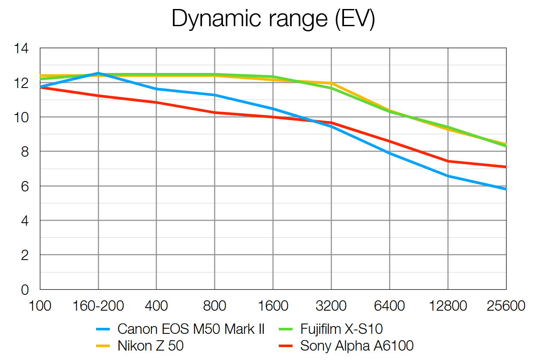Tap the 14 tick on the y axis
21,48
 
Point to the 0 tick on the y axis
24,290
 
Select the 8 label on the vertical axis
24,152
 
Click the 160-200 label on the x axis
98,306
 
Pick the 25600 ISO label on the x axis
506,306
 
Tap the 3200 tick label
331,306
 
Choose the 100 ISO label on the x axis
39,306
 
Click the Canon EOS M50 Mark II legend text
191,329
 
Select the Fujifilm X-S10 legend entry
341,329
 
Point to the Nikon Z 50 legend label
151,346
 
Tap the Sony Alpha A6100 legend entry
357,346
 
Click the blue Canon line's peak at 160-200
98,73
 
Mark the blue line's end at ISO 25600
506,189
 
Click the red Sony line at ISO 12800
448,161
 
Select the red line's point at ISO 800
214,112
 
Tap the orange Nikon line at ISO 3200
331,83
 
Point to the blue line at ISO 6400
389,153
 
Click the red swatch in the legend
287,346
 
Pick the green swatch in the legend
287,329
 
